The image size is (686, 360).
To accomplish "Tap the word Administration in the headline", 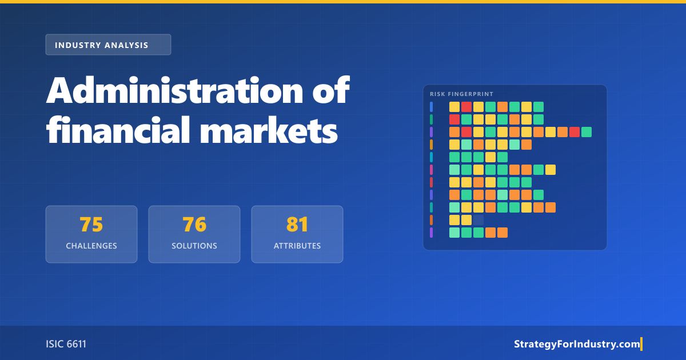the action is pos(174,90).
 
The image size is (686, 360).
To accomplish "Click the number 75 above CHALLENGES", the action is pos(91,225).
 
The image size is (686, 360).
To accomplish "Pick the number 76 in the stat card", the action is pos(194,225).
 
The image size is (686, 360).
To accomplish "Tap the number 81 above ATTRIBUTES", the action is pos(297,225).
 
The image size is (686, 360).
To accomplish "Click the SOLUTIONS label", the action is pos(194,246).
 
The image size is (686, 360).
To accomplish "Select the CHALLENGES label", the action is pos(91,246).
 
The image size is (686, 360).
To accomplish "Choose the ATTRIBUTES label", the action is pos(297,246).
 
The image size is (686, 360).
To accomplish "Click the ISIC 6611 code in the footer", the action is pos(66,344).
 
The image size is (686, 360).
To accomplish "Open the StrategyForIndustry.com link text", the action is pos(577,344).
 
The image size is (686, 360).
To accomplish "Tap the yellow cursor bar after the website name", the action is pos(641,344).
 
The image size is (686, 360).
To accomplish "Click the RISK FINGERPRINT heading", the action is pos(461,94).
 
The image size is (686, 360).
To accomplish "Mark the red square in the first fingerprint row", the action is pos(466,107).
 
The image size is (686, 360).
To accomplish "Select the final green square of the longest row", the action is pos(587,132).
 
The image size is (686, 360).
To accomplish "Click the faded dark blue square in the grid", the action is pos(478,220).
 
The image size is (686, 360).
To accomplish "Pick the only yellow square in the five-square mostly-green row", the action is pos(490,157).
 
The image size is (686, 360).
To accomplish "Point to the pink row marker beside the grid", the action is pos(432,170).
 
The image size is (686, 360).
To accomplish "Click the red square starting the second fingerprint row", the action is pos(454,119).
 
